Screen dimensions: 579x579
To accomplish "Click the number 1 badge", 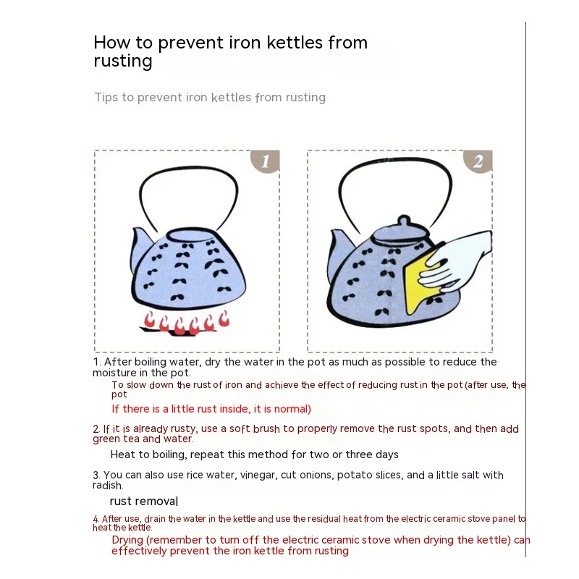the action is point(266,161).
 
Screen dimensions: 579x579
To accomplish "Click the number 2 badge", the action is point(478,161).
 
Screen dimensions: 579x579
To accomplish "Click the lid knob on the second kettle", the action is point(404,221).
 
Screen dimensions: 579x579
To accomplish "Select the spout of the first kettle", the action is point(141,245).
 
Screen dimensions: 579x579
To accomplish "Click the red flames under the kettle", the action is point(187,322).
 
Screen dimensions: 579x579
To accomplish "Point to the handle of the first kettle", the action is point(189,168).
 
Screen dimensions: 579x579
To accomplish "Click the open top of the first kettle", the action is point(191,235).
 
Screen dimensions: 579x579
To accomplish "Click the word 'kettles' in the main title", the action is point(295,42).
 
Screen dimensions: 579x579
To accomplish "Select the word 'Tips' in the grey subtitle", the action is point(106,98).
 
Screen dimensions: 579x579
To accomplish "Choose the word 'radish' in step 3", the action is point(107,485).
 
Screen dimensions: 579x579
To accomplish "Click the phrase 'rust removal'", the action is point(144,501).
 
